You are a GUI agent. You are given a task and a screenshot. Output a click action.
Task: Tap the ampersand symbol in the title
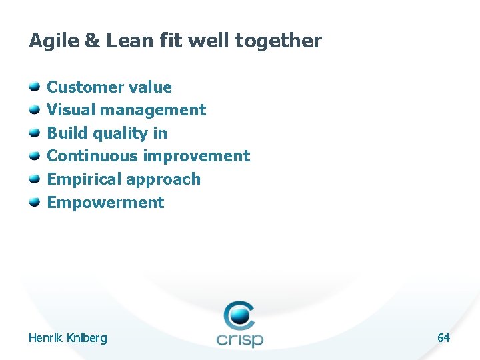[91, 41]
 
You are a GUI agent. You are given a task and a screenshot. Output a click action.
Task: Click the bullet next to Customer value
[34, 87]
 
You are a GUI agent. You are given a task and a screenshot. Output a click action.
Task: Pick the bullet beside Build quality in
[34, 133]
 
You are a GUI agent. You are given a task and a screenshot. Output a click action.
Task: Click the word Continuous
[93, 156]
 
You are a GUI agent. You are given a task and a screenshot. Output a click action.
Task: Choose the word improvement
[197, 156]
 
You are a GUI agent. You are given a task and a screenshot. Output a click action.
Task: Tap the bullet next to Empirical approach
[34, 179]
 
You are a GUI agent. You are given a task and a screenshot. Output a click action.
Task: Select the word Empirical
[85, 179]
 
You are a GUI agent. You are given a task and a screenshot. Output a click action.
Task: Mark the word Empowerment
[105, 203]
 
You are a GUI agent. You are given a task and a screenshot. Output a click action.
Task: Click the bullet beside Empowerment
[34, 202]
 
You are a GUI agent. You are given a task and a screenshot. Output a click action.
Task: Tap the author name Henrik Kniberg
[67, 338]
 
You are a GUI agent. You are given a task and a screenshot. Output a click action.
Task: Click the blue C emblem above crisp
[239, 315]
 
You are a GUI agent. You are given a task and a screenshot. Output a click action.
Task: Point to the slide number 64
[443, 338]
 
